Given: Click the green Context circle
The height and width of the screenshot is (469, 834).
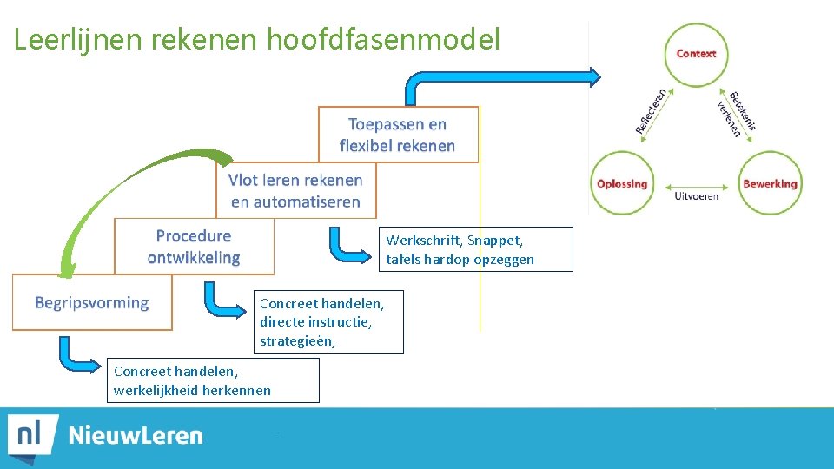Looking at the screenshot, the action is (696, 54).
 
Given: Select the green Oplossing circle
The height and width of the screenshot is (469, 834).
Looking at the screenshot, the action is (622, 183).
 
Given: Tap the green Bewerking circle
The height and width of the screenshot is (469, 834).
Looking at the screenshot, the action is (770, 183).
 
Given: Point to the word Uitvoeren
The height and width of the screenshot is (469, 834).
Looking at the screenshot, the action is (696, 196).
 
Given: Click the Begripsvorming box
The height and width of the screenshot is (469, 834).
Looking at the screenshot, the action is (92, 302).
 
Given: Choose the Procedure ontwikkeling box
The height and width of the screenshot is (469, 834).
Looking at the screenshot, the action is (194, 247).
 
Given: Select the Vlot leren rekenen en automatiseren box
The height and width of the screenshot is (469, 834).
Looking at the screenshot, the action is (295, 191).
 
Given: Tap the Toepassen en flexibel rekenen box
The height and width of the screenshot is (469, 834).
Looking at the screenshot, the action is (398, 135).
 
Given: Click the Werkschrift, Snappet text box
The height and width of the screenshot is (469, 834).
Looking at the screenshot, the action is (475, 249).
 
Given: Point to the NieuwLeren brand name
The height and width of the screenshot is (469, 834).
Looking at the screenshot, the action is (136, 435).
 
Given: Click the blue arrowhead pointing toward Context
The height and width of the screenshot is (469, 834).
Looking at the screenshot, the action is (593, 77).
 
